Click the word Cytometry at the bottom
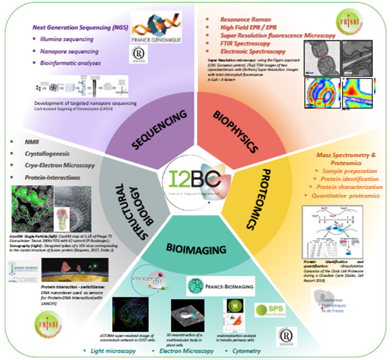point(246,351)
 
